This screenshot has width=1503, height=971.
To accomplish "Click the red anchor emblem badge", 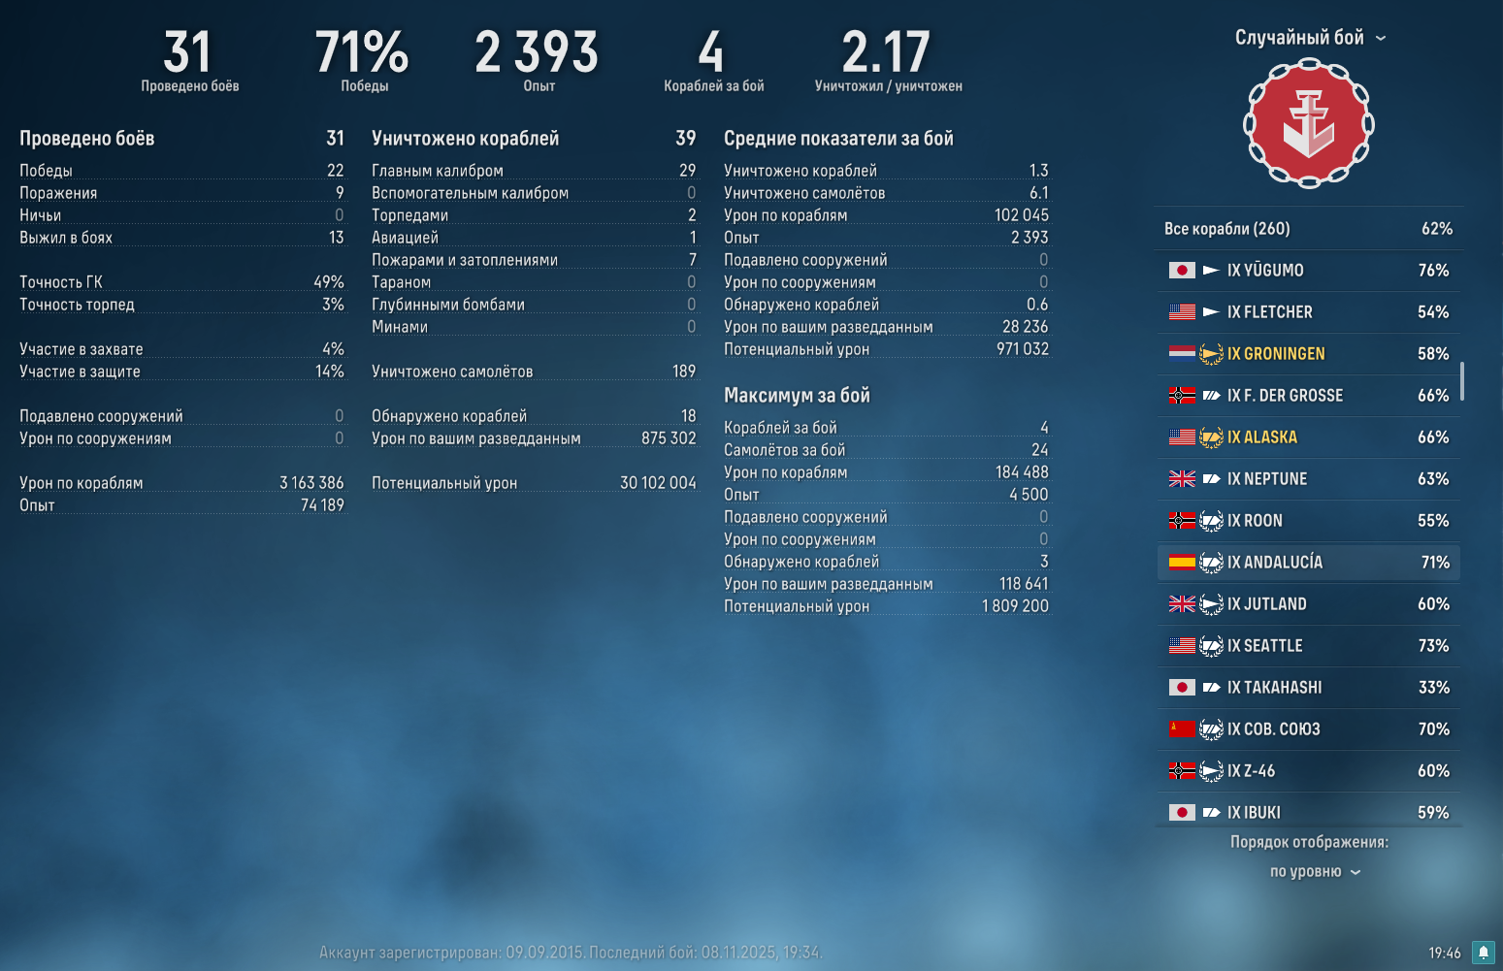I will click(1308, 123).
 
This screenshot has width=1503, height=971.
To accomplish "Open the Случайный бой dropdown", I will click(1309, 38).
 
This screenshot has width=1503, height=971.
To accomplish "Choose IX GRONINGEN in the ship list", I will click(1275, 354).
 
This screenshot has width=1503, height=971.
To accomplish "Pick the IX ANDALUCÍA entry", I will click(1282, 563).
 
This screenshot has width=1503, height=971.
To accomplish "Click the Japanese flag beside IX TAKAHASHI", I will click(1182, 688).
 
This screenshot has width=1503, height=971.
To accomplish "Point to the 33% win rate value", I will click(1433, 688).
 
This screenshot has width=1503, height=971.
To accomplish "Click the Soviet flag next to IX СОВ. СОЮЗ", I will click(1182, 729).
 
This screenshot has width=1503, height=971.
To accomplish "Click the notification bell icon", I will click(1483, 953).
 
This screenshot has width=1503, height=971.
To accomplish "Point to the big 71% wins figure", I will click(362, 53).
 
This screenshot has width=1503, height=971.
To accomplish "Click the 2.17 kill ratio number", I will click(886, 53).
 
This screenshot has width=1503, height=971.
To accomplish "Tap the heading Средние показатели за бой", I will click(838, 139).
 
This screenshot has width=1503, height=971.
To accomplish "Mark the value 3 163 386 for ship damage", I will click(311, 483).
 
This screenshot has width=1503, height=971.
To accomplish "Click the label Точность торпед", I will click(77, 305).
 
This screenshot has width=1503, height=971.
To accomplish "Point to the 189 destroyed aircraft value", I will click(683, 372).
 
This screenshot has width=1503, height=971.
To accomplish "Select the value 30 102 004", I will click(658, 483).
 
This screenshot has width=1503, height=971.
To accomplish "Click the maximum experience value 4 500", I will click(1028, 495).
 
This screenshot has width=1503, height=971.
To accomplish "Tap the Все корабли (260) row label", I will click(1226, 229).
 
